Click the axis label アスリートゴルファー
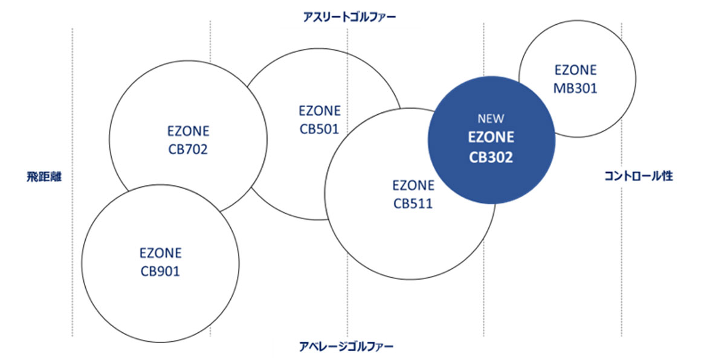349,17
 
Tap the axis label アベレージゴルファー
346,347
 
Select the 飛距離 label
44,177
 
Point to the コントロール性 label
639,176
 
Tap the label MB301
575,88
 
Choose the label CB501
319,129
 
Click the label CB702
188,149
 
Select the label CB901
160,271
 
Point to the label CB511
413,203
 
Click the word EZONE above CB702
188,131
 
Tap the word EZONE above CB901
160,253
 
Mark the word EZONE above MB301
575,70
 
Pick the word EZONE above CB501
319,111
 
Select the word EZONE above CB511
413,185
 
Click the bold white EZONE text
491,138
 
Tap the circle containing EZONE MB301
598,109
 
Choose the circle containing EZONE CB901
121,302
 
